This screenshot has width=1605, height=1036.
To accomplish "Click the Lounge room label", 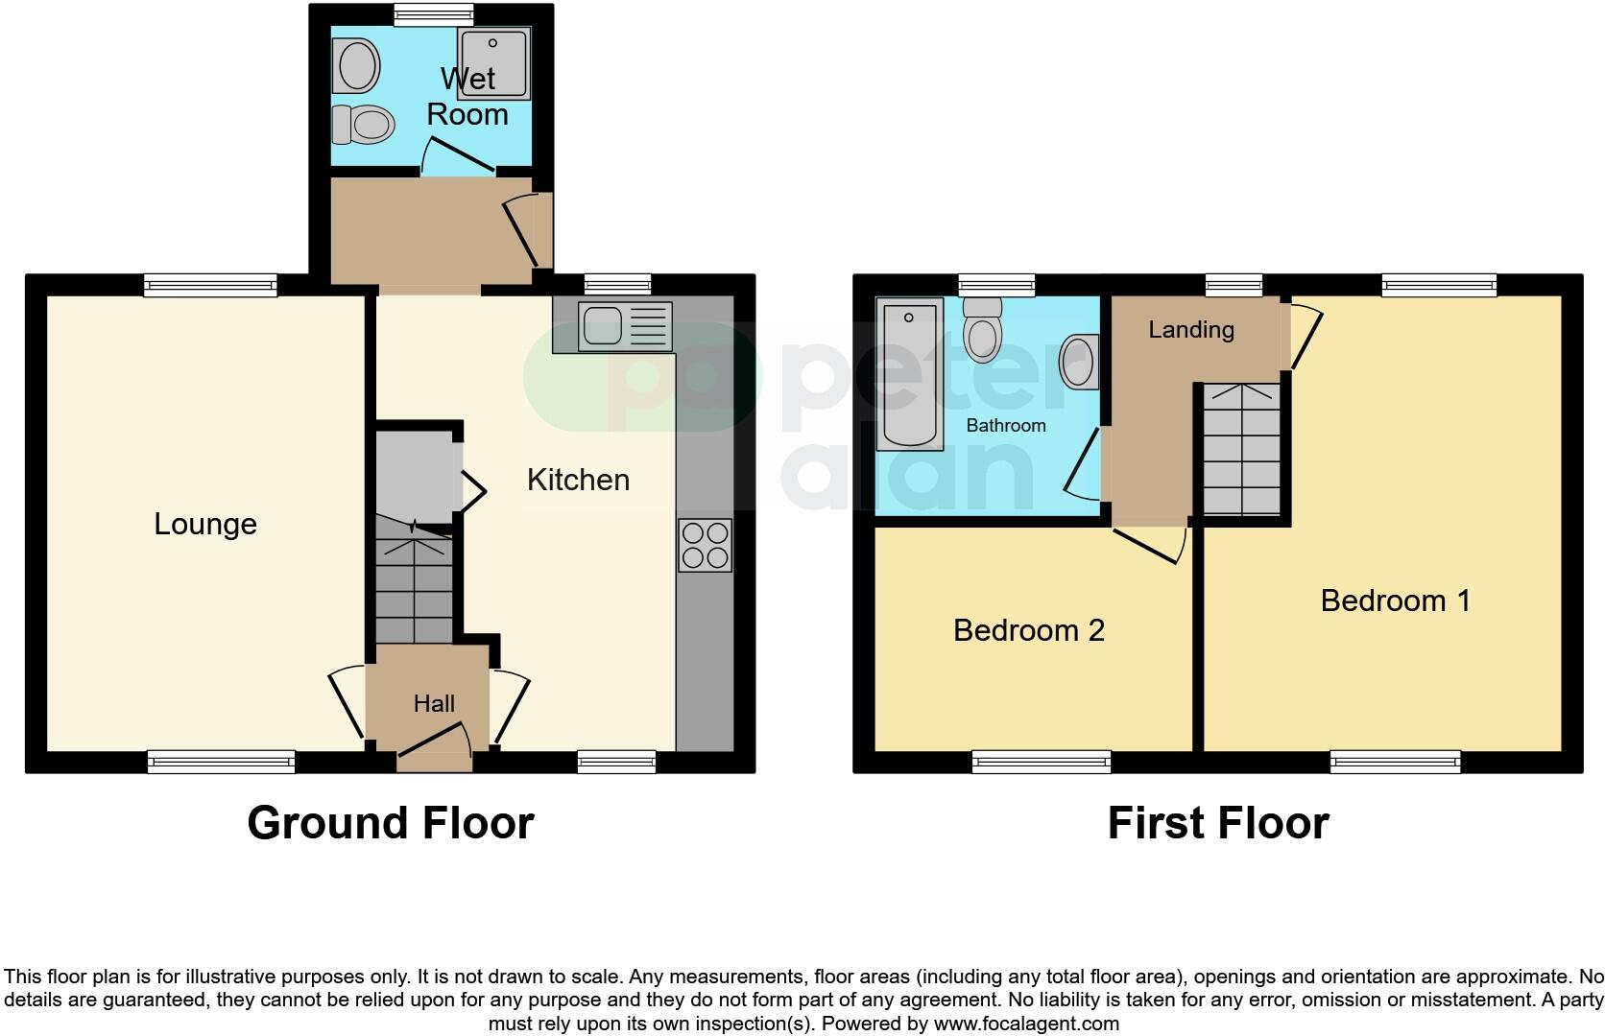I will pos(205,524).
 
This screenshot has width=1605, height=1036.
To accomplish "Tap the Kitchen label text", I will pos(578,480).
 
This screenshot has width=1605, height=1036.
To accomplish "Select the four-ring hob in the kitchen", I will pos(706,545).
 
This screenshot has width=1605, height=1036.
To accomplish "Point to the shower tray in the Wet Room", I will pos(493,62).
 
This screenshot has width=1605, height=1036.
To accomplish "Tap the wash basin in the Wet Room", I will pos(358,64).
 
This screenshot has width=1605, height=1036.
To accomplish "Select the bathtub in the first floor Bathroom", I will pos(909,373).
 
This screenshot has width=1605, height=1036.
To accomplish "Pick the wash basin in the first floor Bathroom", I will pos(1079,363).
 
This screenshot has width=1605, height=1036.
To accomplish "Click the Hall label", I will pos(434,704).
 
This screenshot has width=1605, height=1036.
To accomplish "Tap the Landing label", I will pos(1191,330).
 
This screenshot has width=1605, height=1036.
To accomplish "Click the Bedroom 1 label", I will pos(1395,600).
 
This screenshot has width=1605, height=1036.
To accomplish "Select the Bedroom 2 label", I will pos(1028,630).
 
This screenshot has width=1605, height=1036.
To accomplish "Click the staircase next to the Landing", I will pos(1242,449).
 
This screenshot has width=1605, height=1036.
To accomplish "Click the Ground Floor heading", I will pos(390,823).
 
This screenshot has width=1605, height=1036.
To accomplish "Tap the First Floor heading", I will pos(1217,823).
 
